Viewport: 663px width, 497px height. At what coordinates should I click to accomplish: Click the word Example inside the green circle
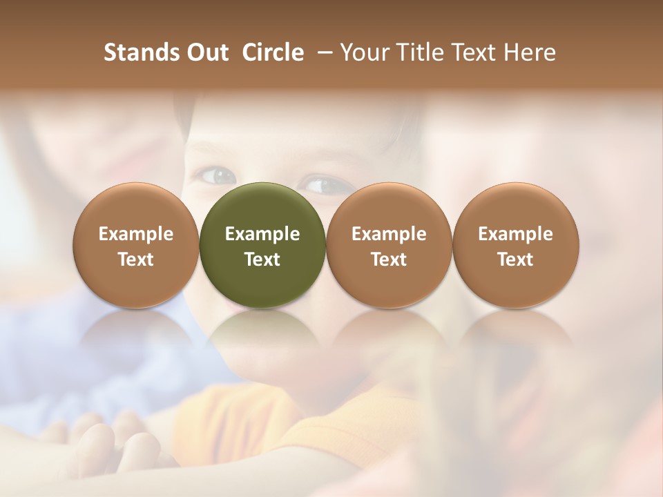pyautogui.click(x=262, y=234)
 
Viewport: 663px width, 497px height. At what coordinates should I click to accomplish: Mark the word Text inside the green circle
pyautogui.click(x=262, y=260)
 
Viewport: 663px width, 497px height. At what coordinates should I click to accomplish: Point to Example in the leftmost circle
pyautogui.click(x=136, y=234)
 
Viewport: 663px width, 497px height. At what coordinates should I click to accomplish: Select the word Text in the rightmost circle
pyautogui.click(x=515, y=260)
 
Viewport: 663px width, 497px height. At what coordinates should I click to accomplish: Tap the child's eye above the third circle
pyautogui.click(x=321, y=184)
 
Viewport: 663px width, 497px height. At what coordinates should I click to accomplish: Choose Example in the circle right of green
pyautogui.click(x=389, y=234)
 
